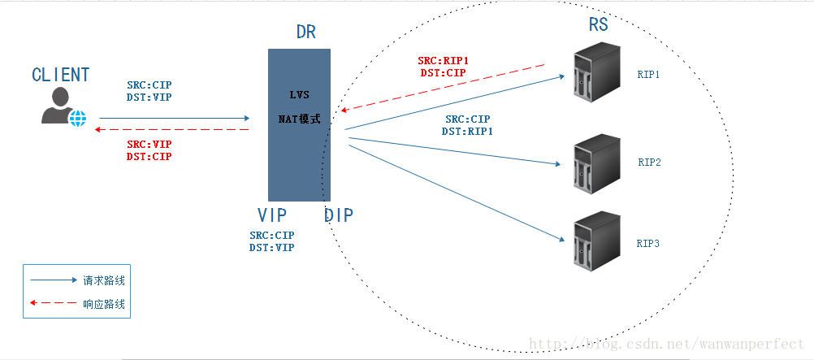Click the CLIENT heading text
tap(60, 75)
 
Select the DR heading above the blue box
tap(306, 33)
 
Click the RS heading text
tap(598, 24)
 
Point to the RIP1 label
tap(648, 74)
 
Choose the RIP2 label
tap(649, 162)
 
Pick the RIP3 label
tap(648, 243)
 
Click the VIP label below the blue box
tap(272, 215)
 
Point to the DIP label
tap(339, 215)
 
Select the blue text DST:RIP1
tap(467, 131)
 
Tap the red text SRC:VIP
tap(149, 145)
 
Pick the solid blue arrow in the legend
tap(53, 280)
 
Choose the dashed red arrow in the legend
tap(53, 303)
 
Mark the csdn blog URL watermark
tap(666, 345)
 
